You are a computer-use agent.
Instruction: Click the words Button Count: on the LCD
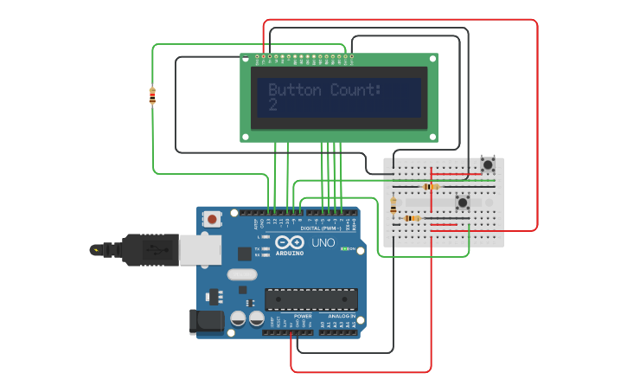click(323, 90)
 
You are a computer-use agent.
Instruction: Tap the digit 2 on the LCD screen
click(272, 105)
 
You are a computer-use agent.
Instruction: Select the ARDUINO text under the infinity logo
click(290, 253)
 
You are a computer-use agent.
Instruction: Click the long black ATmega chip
click(310, 299)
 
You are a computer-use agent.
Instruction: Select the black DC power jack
click(206, 322)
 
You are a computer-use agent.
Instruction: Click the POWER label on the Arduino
click(303, 317)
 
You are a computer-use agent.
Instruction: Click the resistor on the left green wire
click(153, 96)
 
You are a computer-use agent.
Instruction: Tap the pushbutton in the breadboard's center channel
click(463, 202)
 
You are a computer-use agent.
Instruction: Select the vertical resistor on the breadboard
click(394, 206)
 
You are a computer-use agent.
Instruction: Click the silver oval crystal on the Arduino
click(242, 275)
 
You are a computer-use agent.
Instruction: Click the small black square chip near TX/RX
click(245, 254)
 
